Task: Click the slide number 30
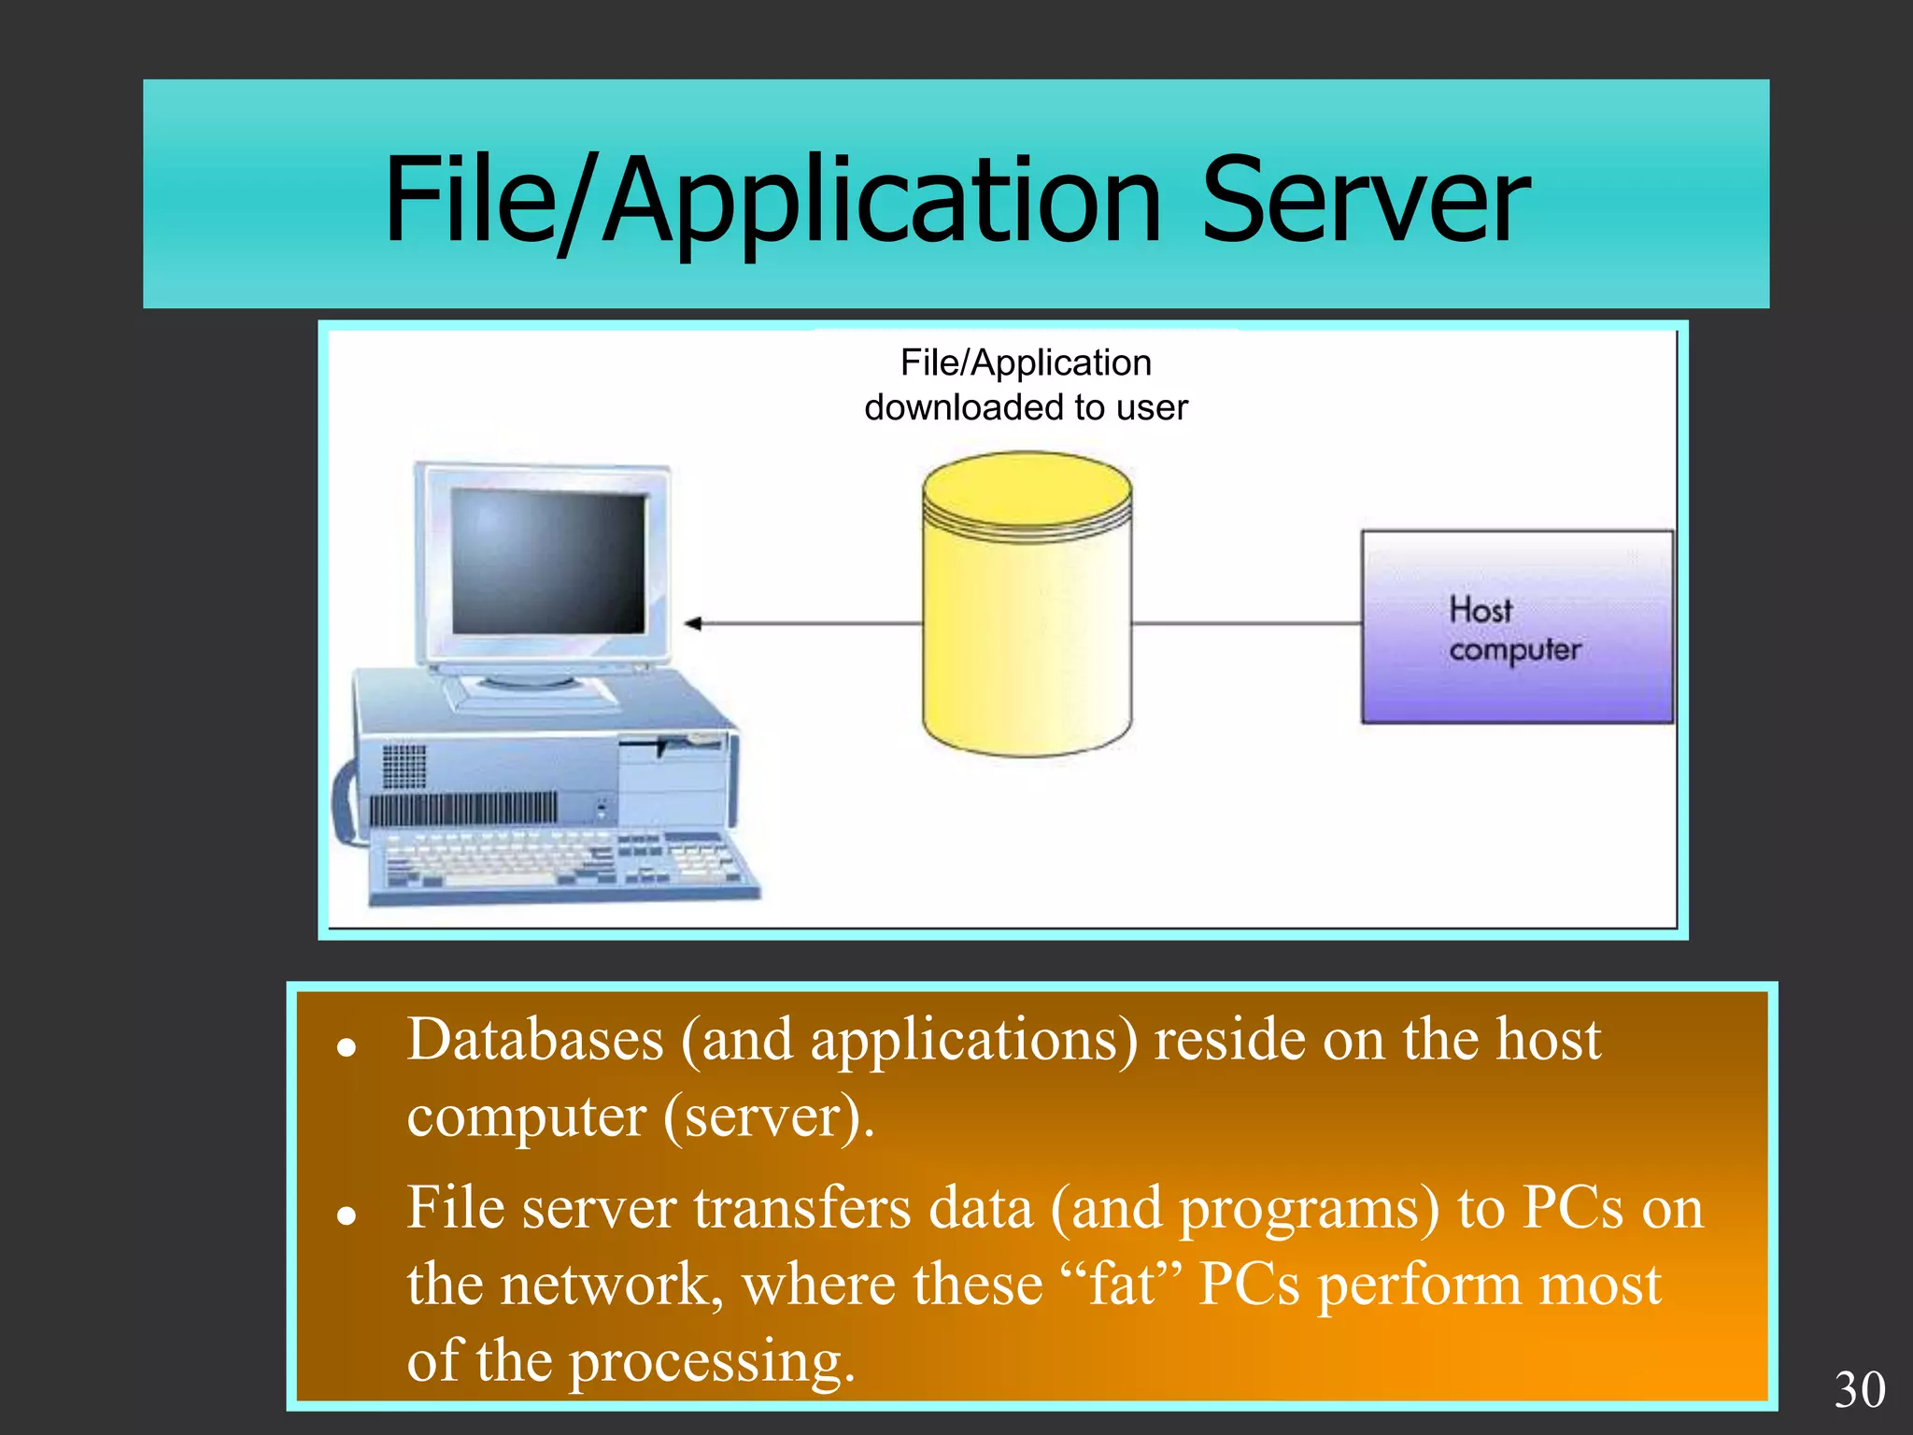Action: point(1859,1389)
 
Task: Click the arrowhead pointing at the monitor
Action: point(693,623)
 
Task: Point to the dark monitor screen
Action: point(548,561)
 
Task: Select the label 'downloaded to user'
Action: point(1026,408)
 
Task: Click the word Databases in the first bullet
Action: point(534,1039)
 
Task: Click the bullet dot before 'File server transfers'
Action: point(347,1215)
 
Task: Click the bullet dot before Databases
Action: point(347,1047)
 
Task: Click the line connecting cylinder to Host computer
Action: point(1246,622)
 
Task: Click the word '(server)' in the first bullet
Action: point(768,1115)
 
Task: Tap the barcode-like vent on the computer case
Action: point(462,807)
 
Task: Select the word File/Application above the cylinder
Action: point(1026,362)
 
